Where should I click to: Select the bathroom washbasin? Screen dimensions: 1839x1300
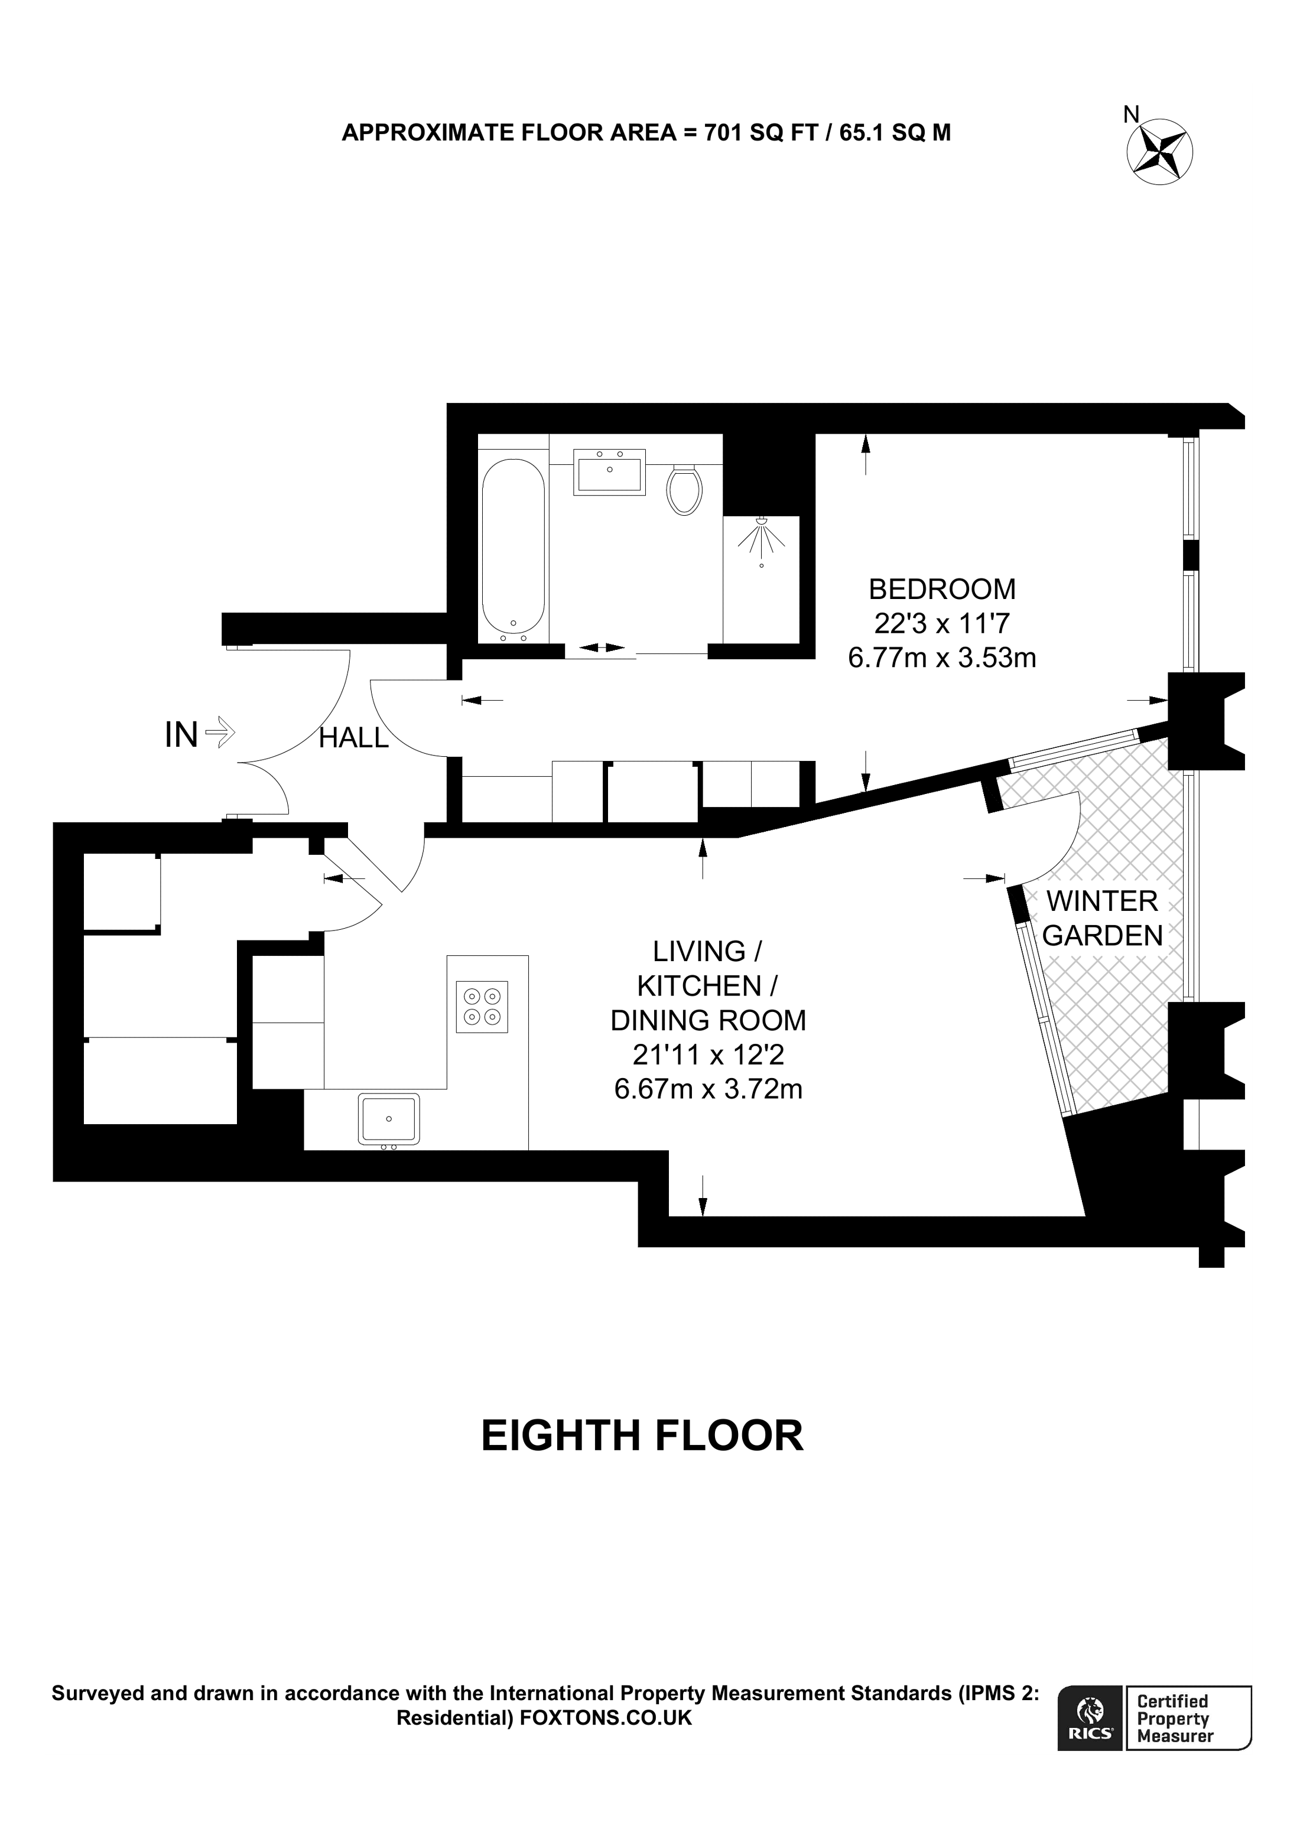pyautogui.click(x=610, y=473)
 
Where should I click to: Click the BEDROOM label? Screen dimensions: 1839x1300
pyautogui.click(x=942, y=590)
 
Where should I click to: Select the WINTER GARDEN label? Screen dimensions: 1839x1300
pyautogui.click(x=1102, y=918)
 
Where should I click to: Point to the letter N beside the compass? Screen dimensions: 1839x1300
pyautogui.click(x=1131, y=115)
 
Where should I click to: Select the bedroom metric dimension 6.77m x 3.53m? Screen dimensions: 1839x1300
pyautogui.click(x=942, y=658)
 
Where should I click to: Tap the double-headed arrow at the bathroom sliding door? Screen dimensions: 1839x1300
pyautogui.click(x=602, y=647)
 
